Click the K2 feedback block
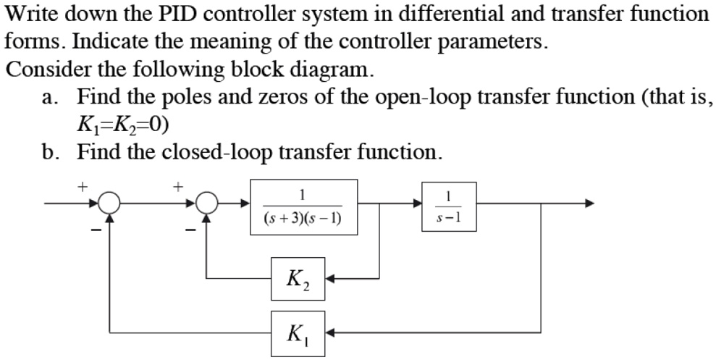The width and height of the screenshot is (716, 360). [x=298, y=277]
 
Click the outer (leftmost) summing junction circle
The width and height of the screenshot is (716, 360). [x=109, y=204]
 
